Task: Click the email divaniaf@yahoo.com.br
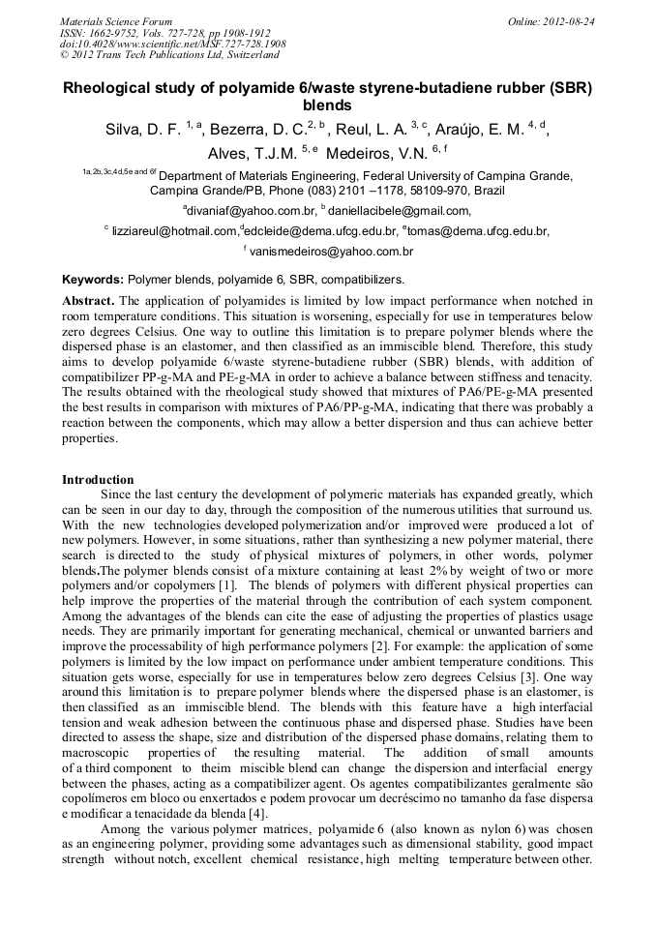(x=253, y=211)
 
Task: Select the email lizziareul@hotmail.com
(x=174, y=231)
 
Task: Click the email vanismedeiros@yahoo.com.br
(x=332, y=252)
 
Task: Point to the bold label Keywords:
(x=93, y=279)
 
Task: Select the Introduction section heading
(x=98, y=480)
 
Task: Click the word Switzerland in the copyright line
(x=253, y=55)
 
